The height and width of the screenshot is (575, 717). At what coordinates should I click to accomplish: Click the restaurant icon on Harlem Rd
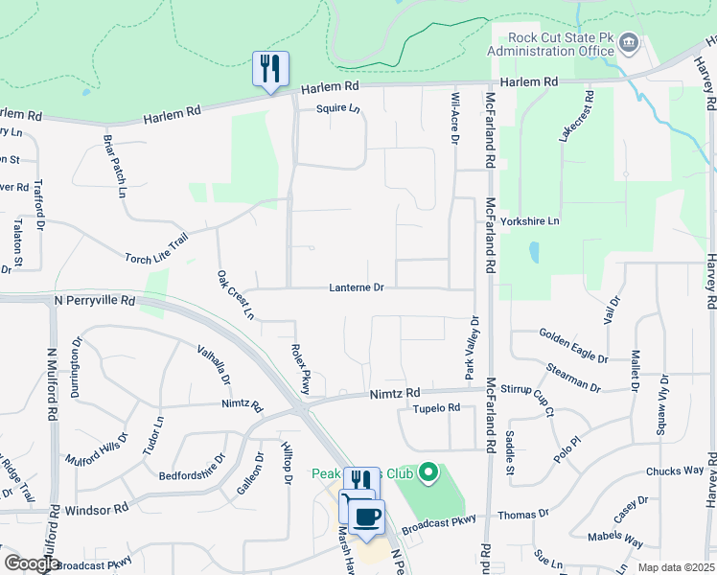point(270,69)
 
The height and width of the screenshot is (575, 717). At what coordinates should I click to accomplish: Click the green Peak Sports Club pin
point(428,473)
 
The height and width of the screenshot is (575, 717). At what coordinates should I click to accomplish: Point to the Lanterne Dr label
point(356,287)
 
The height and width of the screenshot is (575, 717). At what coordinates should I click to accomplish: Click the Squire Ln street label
point(339,109)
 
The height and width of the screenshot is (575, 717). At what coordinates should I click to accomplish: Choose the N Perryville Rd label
point(95,300)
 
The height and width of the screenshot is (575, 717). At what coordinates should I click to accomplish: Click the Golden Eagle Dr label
point(573,346)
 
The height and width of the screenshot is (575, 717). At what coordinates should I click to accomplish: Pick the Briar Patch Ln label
point(115,165)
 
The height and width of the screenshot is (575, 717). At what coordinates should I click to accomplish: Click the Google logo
point(32,564)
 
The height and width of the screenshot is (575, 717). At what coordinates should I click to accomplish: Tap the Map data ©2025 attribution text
point(676,568)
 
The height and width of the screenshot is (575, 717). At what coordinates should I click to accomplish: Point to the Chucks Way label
point(675,471)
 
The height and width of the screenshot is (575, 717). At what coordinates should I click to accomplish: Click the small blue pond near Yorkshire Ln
point(534,252)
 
